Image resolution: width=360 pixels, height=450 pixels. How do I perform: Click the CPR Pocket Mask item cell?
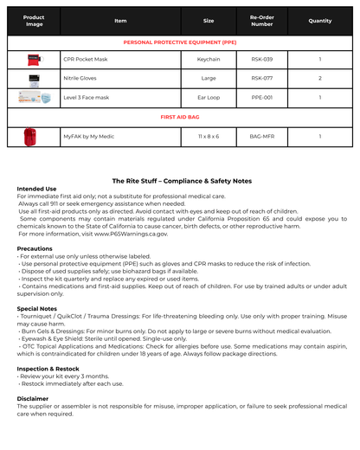pos(86,59)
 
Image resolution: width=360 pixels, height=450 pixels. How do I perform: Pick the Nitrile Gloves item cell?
pos(80,78)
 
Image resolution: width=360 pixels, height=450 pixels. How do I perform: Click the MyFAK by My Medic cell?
pos(89,137)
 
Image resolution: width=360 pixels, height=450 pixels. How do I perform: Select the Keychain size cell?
pos(209,59)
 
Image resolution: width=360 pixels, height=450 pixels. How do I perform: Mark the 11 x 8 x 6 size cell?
pos(209,137)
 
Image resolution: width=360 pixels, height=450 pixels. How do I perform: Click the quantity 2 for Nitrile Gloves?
pos(319,78)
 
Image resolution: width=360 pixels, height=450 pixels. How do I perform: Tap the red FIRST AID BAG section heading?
pos(180,117)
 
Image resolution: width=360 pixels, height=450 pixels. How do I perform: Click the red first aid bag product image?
pos(33,137)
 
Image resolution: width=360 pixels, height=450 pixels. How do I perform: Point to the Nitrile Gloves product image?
pos(33,78)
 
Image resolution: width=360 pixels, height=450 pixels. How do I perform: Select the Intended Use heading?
pos(36,189)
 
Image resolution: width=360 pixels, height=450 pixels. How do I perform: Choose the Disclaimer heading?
pos(33,398)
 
